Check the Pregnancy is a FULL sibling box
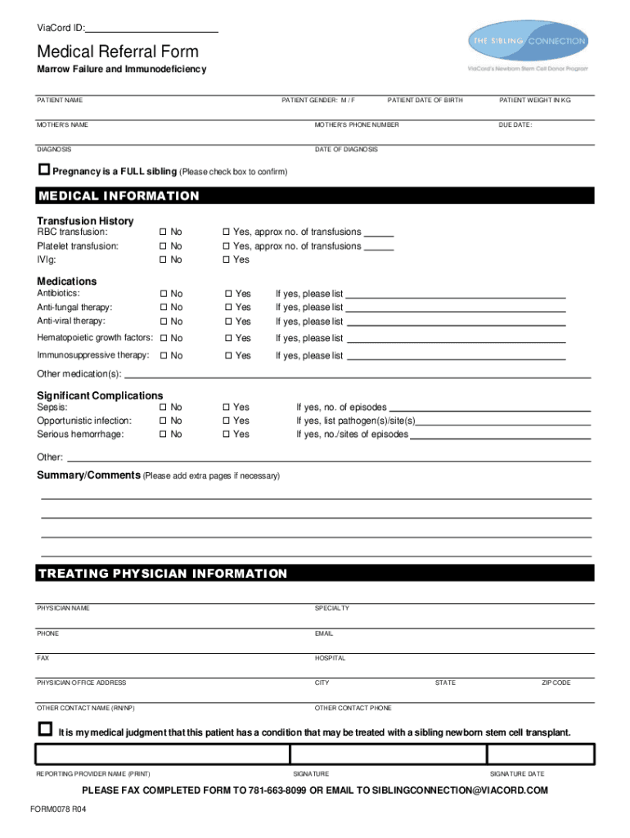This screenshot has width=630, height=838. [44, 170]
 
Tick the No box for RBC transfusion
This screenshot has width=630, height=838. [164, 232]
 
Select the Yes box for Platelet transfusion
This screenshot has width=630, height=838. [226, 246]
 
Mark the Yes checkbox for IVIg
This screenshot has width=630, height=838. [226, 260]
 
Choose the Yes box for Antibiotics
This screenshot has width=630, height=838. [228, 294]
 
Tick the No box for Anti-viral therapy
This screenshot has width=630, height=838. [164, 322]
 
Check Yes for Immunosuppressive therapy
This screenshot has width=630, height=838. [228, 356]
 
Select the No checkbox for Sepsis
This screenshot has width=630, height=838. [164, 408]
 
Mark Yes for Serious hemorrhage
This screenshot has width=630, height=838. [226, 435]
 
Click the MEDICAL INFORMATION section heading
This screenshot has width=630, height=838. [119, 196]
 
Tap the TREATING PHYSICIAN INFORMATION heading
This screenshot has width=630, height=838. [162, 574]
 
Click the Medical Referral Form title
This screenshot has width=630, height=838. [117, 52]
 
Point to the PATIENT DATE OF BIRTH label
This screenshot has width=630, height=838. [425, 101]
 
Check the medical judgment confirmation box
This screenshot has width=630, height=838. [45, 729]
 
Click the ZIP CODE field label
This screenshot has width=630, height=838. [556, 683]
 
